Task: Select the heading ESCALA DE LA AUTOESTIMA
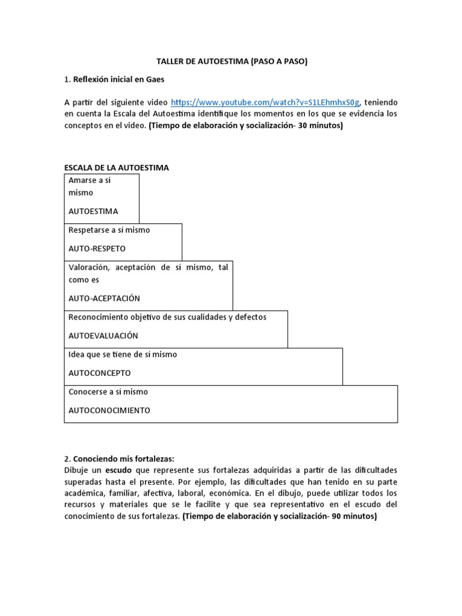click(117, 168)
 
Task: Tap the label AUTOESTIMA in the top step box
click(93, 211)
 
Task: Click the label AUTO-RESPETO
click(97, 248)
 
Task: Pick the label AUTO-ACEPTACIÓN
click(104, 298)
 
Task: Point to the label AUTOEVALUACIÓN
click(103, 336)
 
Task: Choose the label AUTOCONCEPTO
click(99, 373)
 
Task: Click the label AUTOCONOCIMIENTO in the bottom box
click(109, 410)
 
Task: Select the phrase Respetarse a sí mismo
click(109, 230)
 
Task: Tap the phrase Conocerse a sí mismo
click(108, 392)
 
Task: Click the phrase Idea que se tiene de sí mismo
click(123, 354)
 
